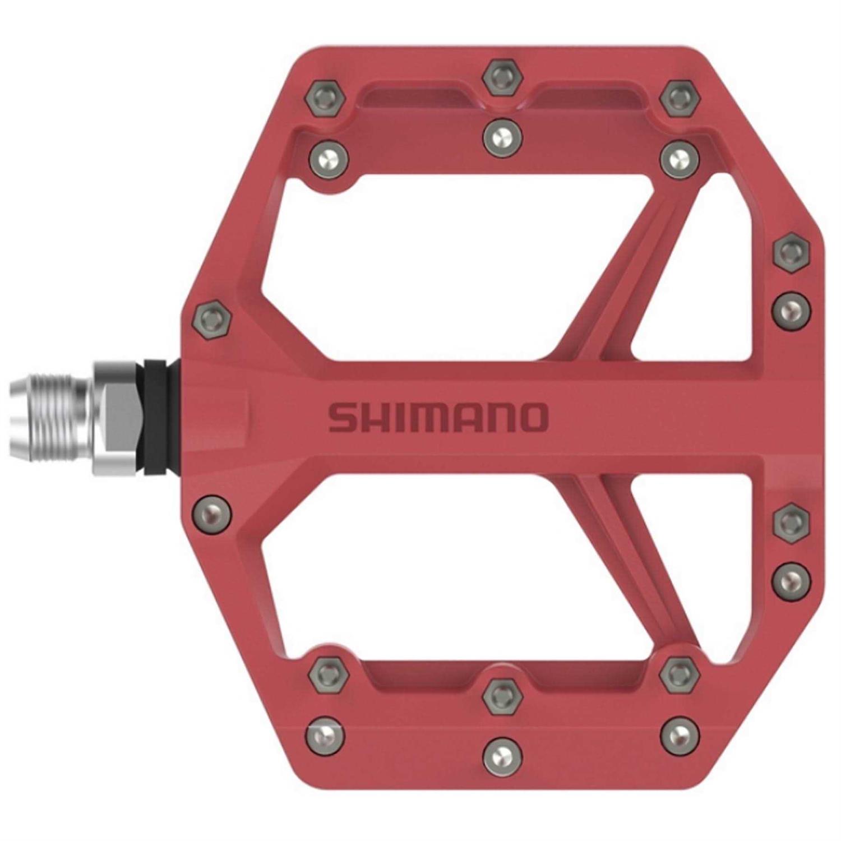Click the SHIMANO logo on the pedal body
[x=437, y=418]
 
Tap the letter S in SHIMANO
[x=341, y=418]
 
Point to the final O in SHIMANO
[x=532, y=418]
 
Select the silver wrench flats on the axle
[x=118, y=418]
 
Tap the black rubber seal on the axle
[x=157, y=418]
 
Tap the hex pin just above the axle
[x=212, y=320]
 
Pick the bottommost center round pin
[x=502, y=756]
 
